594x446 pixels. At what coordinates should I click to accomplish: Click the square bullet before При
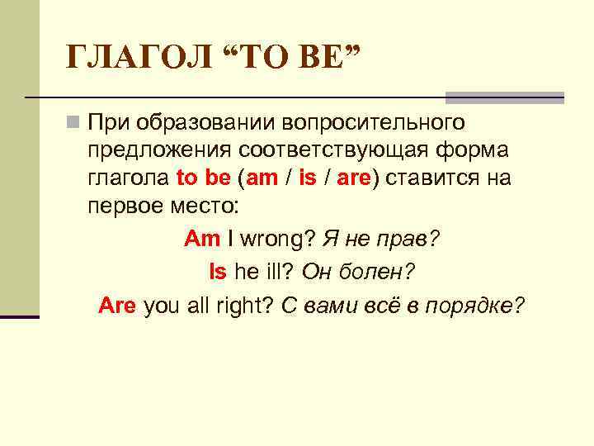point(73,124)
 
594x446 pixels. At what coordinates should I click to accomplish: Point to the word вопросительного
point(375,123)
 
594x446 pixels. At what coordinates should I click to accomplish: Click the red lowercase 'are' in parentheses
point(354,178)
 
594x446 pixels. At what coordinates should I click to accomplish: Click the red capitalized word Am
point(202,239)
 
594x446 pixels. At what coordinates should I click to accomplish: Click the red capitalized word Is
point(218,271)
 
